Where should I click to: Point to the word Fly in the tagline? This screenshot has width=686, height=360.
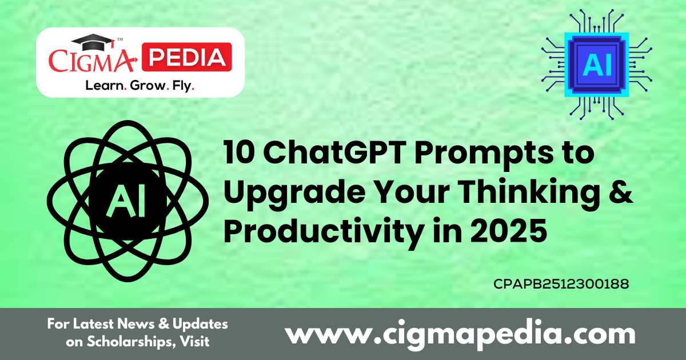pyautogui.click(x=184, y=86)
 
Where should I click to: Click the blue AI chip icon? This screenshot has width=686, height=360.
pyautogui.click(x=597, y=64)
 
